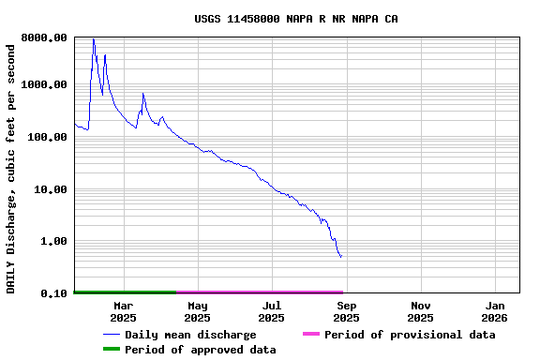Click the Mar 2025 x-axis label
click(x=123, y=311)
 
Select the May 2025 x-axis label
click(x=197, y=311)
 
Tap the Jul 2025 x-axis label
click(x=271, y=311)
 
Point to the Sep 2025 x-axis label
click(x=346, y=311)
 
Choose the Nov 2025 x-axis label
click(x=420, y=311)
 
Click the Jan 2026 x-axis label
click(x=495, y=311)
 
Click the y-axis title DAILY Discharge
click(x=11, y=166)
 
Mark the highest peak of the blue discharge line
click(x=94, y=39)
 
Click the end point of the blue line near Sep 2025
click(x=341, y=256)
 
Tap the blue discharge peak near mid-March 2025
click(x=142, y=94)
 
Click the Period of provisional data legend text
click(x=410, y=335)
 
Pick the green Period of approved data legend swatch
click(x=111, y=350)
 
